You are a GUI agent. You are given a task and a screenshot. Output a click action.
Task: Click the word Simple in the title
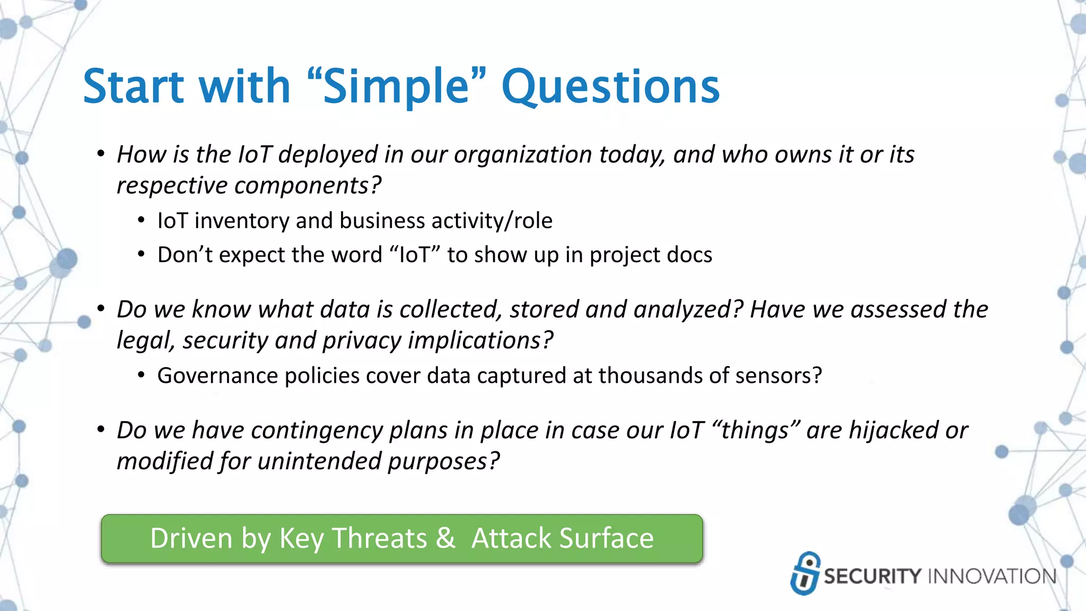pyautogui.click(x=397, y=87)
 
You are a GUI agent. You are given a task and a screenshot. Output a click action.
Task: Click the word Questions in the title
pyautogui.click(x=610, y=87)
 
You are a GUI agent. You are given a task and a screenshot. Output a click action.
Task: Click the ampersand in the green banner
pyautogui.click(x=445, y=538)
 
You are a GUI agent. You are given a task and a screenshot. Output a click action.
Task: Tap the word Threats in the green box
pyautogui.click(x=379, y=538)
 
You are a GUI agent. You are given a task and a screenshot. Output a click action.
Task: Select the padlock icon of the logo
pyautogui.click(x=805, y=573)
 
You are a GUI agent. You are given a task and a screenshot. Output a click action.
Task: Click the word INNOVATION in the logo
pyautogui.click(x=992, y=577)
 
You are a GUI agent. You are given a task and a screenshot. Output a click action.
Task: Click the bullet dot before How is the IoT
pyautogui.click(x=101, y=154)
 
